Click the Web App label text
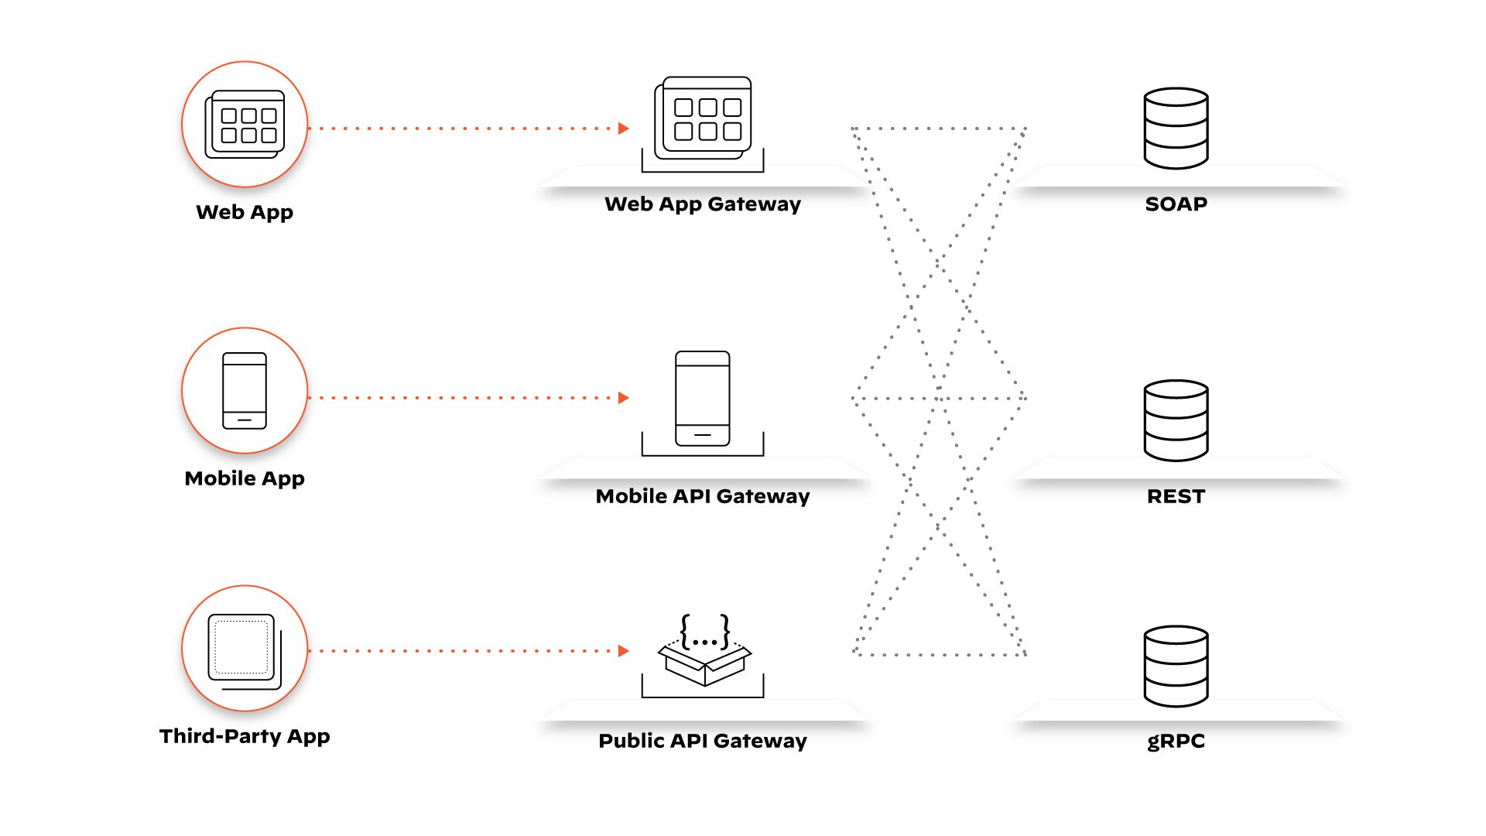click(245, 212)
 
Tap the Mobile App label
click(245, 478)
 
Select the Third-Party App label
click(245, 736)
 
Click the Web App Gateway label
click(702, 204)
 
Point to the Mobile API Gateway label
click(702, 496)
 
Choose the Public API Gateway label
click(702, 741)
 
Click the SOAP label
click(1176, 204)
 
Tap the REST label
click(1176, 496)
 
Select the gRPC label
click(1176, 741)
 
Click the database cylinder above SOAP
click(1176, 128)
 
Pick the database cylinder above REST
click(1176, 420)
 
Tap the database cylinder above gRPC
click(1176, 666)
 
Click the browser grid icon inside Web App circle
click(245, 125)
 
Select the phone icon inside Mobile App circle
click(245, 391)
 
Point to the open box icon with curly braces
click(704, 651)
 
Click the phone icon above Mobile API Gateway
click(702, 399)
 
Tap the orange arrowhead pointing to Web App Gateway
click(624, 128)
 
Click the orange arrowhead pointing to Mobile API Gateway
click(624, 398)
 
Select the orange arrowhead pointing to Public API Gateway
click(624, 651)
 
